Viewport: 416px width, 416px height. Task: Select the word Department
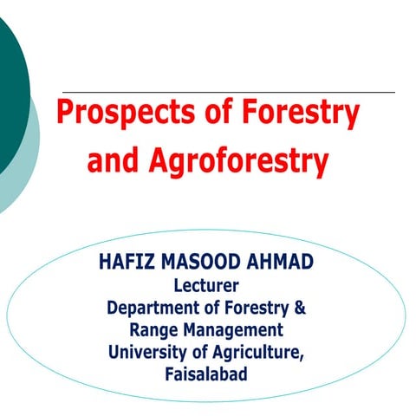point(152,308)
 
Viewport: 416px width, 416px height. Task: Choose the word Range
point(154,330)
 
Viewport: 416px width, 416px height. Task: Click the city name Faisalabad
point(207,374)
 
